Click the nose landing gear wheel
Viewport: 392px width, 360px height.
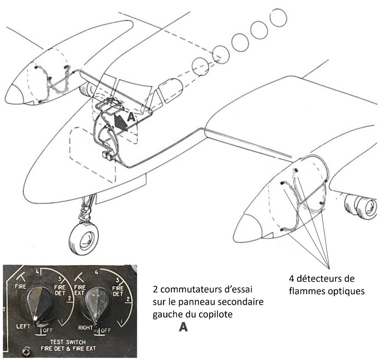(x=83, y=238)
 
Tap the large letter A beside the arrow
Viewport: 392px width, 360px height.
(x=131, y=117)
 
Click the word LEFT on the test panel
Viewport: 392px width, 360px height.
(x=23, y=326)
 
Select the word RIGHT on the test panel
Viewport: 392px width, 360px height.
(x=86, y=327)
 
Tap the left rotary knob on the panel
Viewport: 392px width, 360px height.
(x=40, y=306)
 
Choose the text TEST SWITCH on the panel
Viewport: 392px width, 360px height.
(x=68, y=342)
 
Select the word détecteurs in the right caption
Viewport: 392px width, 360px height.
(x=319, y=279)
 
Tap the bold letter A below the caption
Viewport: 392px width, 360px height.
(x=183, y=327)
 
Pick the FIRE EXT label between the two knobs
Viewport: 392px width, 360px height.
(x=80, y=290)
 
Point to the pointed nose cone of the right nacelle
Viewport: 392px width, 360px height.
(x=248, y=227)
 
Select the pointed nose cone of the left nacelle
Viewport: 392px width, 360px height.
(x=14, y=94)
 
